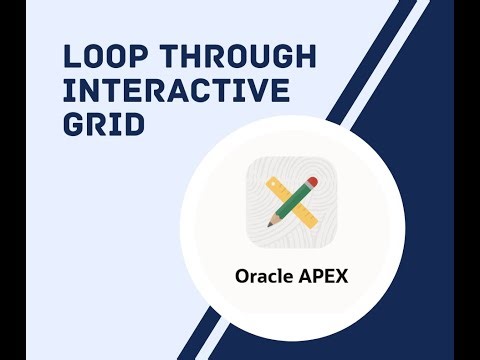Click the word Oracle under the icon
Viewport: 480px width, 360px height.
(x=263, y=276)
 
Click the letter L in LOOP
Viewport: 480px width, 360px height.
(x=70, y=55)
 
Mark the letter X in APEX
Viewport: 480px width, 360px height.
(x=341, y=276)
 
